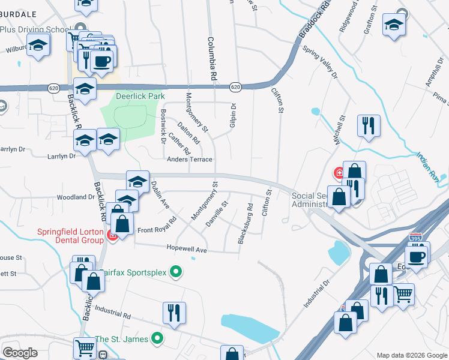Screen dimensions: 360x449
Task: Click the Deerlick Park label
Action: (x=140, y=96)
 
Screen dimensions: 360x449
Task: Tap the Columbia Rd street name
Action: (x=211, y=59)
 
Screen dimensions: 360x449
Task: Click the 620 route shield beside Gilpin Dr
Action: (x=235, y=88)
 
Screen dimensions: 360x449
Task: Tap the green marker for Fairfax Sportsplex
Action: (x=175, y=272)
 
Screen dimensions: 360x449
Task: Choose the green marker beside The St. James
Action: (x=157, y=339)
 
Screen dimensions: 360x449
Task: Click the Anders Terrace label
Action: (x=190, y=160)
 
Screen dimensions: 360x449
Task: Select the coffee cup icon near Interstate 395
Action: (x=416, y=256)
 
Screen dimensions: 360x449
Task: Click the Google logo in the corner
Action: (x=20, y=353)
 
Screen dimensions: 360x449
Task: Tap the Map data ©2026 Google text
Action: (x=411, y=355)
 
